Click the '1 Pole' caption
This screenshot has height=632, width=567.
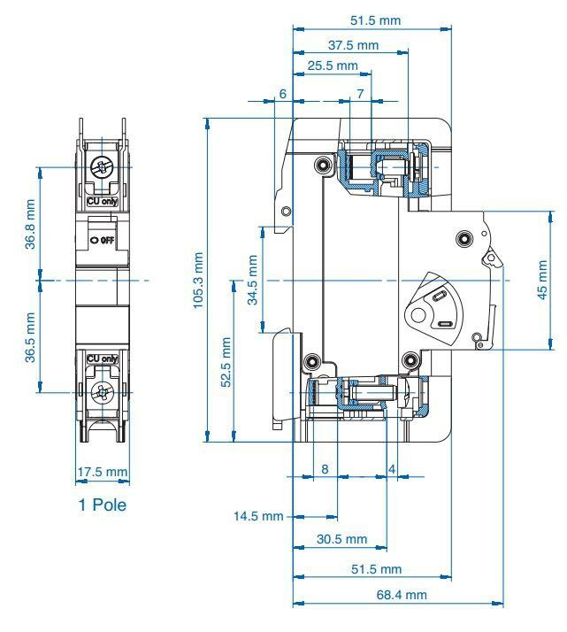point(103,505)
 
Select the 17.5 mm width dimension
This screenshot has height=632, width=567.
point(103,472)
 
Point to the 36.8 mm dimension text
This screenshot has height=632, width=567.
point(30,224)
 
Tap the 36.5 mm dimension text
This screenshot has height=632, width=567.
point(30,337)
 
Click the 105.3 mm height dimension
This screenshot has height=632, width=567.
point(198,281)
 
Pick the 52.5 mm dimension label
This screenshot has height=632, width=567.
point(226,362)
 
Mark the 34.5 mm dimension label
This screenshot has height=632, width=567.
point(252,280)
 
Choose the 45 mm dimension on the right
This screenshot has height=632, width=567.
point(542,280)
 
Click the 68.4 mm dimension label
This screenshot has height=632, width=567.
point(402,595)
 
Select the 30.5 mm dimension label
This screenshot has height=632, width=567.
point(342,539)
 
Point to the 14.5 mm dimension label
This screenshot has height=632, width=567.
point(258,516)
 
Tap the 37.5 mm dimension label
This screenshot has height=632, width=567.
point(353,45)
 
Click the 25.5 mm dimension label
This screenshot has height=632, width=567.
point(333,66)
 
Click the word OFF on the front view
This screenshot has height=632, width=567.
point(108,241)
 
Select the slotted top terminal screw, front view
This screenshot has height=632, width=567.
point(103,167)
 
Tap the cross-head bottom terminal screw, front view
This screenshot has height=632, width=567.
point(103,392)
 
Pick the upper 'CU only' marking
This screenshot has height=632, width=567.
point(103,201)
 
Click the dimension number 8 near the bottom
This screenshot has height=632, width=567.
point(325,469)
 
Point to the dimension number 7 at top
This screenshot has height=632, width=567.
point(360,94)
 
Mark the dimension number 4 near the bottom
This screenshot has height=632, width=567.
point(392,469)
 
